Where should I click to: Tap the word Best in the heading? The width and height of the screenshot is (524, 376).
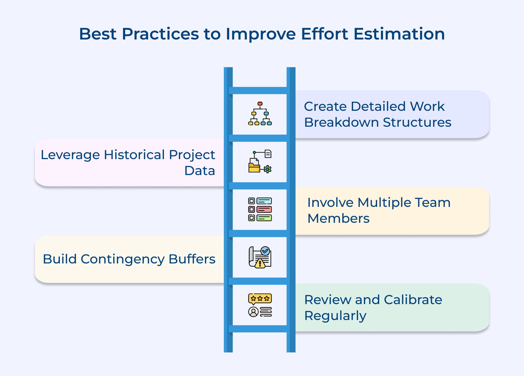point(98,34)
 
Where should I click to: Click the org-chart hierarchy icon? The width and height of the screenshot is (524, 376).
point(260,114)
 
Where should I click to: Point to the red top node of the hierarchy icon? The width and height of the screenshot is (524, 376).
point(260,104)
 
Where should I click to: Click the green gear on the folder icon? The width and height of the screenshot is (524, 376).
point(268,169)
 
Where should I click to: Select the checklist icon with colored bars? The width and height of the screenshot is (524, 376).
point(260,210)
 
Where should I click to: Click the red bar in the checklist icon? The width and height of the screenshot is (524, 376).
point(264,210)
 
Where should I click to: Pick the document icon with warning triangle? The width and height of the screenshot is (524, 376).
point(260,257)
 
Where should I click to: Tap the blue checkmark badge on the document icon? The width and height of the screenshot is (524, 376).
point(265,251)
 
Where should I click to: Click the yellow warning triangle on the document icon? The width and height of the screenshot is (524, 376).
point(260,263)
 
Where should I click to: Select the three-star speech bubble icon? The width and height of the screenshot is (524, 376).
point(260,299)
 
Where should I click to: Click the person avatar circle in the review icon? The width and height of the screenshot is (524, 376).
point(253,312)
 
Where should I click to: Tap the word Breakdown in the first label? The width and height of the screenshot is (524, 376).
point(341,122)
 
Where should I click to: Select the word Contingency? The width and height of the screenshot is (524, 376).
point(122,259)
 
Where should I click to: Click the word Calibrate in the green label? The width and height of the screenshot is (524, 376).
point(413,300)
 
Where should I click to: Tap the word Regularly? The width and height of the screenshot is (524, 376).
point(335,316)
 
